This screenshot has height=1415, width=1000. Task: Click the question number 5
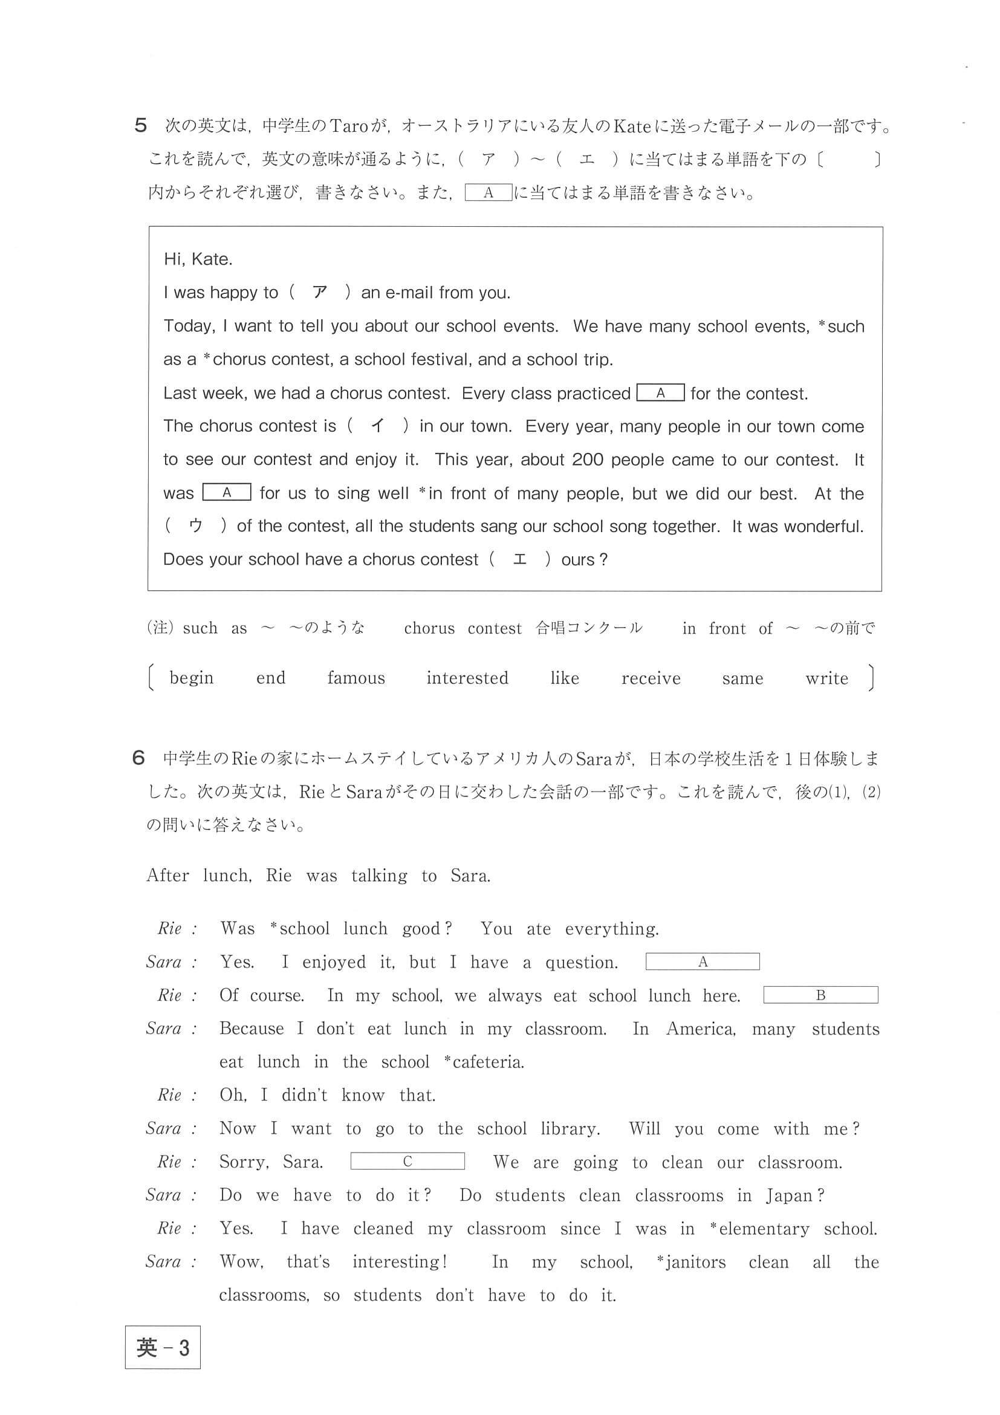[140, 126]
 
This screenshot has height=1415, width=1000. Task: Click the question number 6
[138, 758]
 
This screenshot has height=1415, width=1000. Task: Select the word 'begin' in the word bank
[192, 678]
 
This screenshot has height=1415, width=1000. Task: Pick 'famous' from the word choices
[356, 678]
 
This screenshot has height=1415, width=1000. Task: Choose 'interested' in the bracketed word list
[467, 678]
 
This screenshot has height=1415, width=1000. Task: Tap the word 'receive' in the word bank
[651, 678]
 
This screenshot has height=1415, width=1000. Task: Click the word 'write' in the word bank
[826, 678]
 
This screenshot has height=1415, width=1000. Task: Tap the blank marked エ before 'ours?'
[520, 559]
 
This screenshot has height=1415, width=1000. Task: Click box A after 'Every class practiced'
[660, 393]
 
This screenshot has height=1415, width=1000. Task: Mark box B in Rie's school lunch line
[820, 995]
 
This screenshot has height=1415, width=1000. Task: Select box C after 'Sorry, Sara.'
[407, 1161]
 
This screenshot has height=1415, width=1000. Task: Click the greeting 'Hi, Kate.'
[198, 259]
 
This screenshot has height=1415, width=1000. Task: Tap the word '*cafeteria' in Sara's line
[484, 1062]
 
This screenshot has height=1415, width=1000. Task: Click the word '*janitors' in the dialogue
[690, 1262]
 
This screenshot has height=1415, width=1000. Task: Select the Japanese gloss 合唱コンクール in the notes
[588, 628]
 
